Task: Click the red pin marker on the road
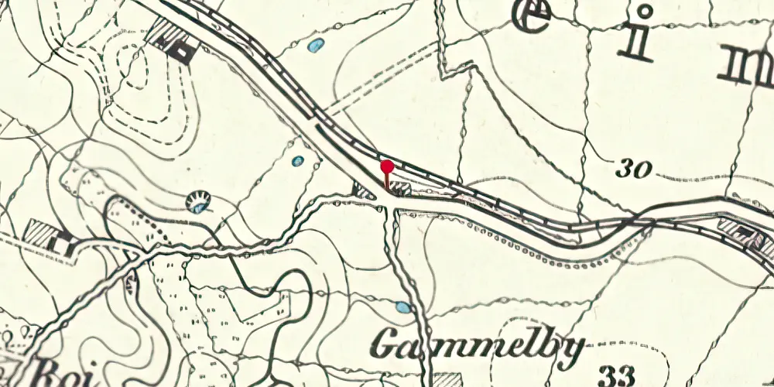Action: [x=386, y=167]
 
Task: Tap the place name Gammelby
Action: [x=475, y=347]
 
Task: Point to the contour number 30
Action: [x=634, y=169]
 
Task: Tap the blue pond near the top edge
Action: [x=315, y=46]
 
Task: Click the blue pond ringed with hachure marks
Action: [x=200, y=203]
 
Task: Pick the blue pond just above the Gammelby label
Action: [x=403, y=307]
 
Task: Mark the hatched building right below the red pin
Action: [x=399, y=188]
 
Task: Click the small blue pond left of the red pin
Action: [x=298, y=161]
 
